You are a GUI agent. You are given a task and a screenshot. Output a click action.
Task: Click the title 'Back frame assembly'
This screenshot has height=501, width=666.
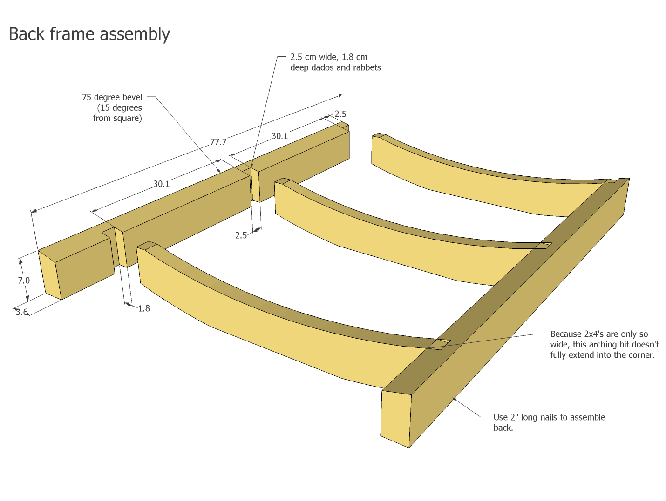(89, 34)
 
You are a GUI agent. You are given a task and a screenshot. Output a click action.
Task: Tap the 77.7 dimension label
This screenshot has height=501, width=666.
(218, 142)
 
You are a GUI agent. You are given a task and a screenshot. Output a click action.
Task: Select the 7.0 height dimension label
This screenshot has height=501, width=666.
(24, 281)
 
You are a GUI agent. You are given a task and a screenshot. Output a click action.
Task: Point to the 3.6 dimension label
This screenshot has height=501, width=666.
(22, 312)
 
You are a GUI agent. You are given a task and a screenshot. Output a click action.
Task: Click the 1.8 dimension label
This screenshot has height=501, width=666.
(144, 308)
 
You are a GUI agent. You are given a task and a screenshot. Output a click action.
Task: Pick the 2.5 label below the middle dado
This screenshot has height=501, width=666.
(241, 235)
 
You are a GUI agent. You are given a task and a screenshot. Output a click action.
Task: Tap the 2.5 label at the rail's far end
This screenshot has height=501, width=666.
(340, 114)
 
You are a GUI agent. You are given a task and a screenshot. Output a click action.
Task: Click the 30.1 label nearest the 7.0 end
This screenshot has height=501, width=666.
(162, 184)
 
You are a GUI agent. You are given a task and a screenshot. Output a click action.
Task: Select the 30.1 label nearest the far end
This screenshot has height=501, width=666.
(280, 136)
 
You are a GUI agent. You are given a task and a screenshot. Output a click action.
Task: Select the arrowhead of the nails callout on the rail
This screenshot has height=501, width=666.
(455, 399)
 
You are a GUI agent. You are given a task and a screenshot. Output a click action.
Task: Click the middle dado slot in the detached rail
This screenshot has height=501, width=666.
(255, 185)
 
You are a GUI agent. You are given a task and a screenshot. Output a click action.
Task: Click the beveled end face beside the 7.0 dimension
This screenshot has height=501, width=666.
(50, 275)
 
